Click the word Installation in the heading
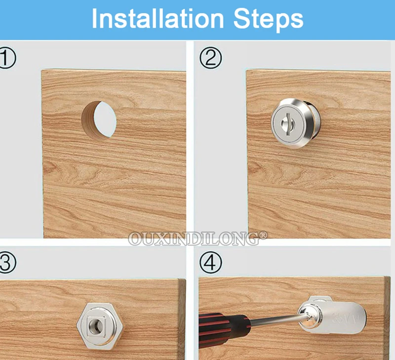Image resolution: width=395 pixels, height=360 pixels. click(x=158, y=19)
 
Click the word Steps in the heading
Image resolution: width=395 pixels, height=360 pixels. click(x=269, y=20)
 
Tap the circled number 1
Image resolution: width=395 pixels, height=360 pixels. click(x=7, y=58)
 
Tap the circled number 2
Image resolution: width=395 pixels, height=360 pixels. click(x=211, y=58)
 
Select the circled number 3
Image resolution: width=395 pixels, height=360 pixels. click(x=7, y=263)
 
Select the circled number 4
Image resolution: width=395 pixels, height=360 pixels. click(x=211, y=263)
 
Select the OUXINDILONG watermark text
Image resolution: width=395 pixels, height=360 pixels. click(x=194, y=239)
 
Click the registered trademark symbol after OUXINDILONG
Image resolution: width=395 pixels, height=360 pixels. click(x=263, y=235)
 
